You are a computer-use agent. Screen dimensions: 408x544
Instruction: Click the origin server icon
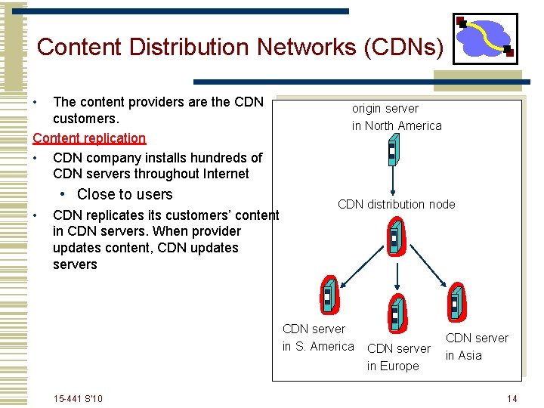coord(391,153)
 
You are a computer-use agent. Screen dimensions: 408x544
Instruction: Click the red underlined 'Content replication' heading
coord(89,138)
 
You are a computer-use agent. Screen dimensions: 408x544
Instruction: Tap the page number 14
coord(512,398)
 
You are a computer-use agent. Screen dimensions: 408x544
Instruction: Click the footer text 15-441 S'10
coord(79,398)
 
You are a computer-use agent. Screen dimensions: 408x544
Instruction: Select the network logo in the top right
coord(484,39)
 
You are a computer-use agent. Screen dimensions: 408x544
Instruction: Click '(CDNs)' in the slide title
coord(404,47)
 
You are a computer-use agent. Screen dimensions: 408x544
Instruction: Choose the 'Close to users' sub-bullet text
coord(125,194)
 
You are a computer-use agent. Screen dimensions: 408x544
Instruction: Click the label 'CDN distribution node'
coord(396,204)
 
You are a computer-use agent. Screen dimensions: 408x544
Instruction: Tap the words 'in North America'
coord(397,125)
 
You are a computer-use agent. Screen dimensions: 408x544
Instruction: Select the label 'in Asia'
coord(463,355)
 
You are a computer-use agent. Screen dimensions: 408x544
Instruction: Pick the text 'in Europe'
coord(393,366)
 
